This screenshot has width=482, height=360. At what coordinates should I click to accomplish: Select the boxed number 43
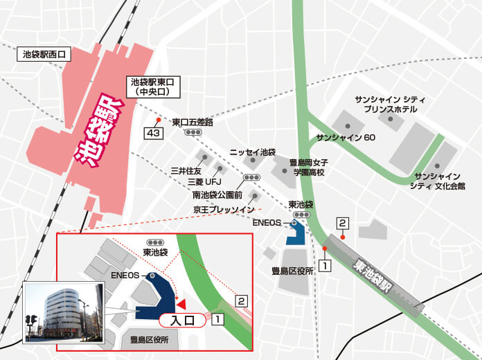tap(152, 132)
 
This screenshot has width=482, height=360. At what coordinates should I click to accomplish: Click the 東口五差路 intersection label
tap(193, 123)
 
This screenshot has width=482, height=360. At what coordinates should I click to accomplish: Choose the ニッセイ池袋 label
tap(253, 152)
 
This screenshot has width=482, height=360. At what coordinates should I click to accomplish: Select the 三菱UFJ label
tap(202, 183)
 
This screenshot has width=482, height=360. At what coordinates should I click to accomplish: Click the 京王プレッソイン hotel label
tap(224, 209)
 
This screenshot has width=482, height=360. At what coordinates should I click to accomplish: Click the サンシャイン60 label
tap(346, 138)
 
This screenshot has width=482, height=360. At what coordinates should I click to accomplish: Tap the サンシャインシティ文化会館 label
tap(436, 181)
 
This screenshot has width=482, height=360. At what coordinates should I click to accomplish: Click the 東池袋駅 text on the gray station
tap(380, 278)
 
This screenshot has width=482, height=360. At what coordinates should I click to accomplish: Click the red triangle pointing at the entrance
tap(180, 304)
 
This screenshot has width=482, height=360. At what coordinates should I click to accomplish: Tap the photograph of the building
tap(65, 313)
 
